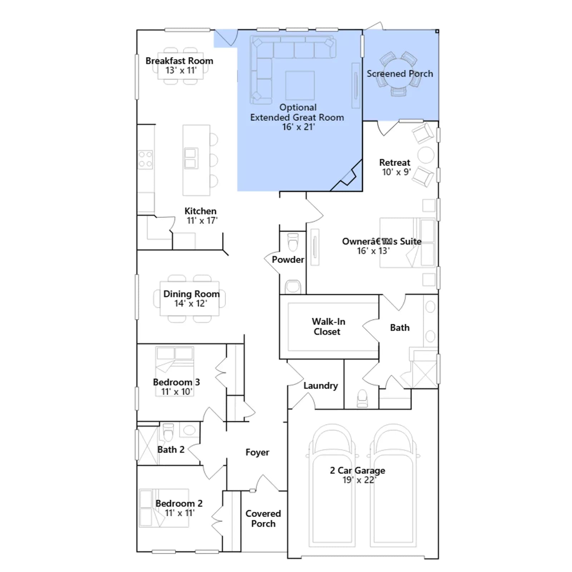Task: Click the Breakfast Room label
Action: coord(179,61)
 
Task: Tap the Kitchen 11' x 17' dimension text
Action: coord(202,221)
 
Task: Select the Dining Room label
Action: coord(191,294)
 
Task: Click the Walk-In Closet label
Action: coord(328,326)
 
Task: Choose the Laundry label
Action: coord(321,386)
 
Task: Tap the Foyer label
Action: coord(257,452)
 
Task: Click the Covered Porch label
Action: coord(263,518)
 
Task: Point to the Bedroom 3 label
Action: coord(176,382)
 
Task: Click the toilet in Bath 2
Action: coord(168,432)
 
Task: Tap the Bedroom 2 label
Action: coord(179,503)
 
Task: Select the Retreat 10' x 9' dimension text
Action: coord(396,172)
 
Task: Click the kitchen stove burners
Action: coord(146,159)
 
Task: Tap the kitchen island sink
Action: coord(190,158)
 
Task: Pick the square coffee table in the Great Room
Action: coord(300,85)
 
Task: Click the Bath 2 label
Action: coord(171,449)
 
